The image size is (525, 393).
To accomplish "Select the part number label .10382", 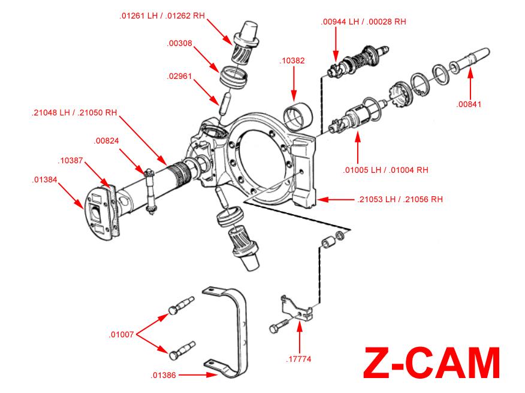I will pos(292,61).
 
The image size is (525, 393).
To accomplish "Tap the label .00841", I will pos(469,104).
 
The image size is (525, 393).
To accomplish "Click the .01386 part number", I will pos(163,375).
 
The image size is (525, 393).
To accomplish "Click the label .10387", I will pos(71,160).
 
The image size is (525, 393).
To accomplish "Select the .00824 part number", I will pos(107,141).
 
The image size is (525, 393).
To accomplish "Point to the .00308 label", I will pos(180,43).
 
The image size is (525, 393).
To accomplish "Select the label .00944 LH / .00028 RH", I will pos(364,21).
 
